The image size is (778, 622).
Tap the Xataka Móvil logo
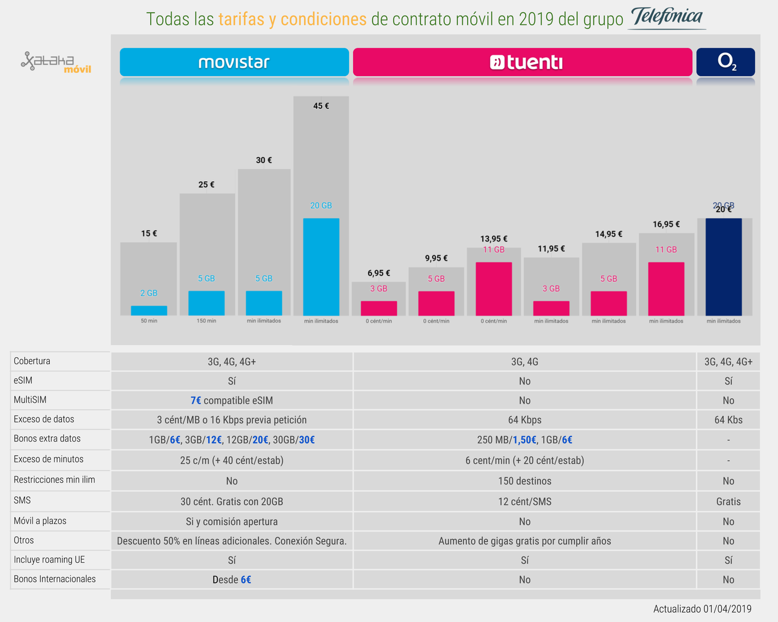pyautogui.click(x=56, y=62)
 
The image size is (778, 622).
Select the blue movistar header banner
pyautogui.click(x=234, y=62)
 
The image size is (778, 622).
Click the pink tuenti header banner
pyautogui.click(x=522, y=62)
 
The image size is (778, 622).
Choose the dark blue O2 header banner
pyautogui.click(x=726, y=62)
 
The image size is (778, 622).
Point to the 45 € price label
pyautogui.click(x=321, y=106)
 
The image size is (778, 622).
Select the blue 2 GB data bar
pyautogui.click(x=149, y=310)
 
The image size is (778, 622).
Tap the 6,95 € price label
pyautogui.click(x=379, y=273)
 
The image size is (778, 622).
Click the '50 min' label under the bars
pyautogui.click(x=149, y=321)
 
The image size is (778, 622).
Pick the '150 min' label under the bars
pyautogui.click(x=206, y=321)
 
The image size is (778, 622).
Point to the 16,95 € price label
pyautogui.click(x=666, y=224)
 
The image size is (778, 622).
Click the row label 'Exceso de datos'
pyautogui.click(x=44, y=419)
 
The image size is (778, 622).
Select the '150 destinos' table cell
pyautogui.click(x=525, y=481)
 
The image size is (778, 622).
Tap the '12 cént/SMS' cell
pyautogui.click(x=525, y=501)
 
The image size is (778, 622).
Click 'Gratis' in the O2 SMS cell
pyautogui.click(x=728, y=501)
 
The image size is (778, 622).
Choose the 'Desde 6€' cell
pyautogui.click(x=232, y=579)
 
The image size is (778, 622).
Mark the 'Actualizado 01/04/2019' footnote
pyautogui.click(x=702, y=609)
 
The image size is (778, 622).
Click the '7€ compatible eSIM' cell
pyautogui.click(x=232, y=400)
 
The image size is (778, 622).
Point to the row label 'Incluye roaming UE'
pyautogui.click(x=49, y=559)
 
